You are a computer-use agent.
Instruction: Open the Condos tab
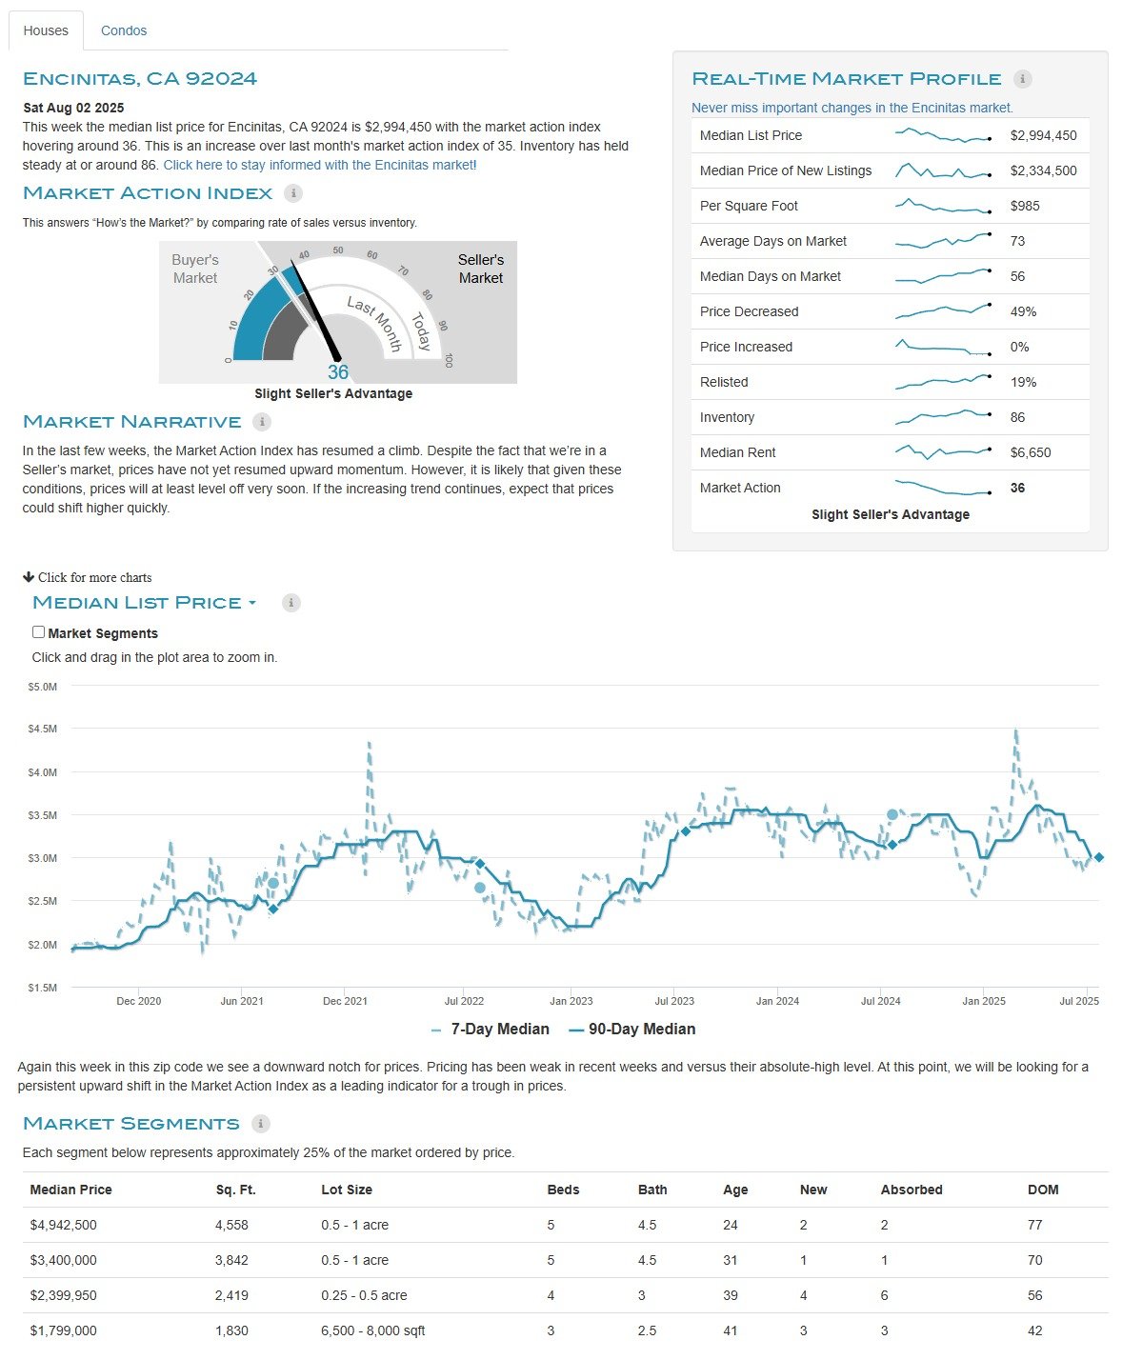point(123,30)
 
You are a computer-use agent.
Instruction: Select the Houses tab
point(46,30)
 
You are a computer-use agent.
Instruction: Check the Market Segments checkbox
point(38,631)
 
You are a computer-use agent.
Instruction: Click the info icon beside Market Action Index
point(293,192)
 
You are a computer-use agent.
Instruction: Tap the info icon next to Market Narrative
point(262,421)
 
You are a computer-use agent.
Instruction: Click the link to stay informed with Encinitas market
point(319,165)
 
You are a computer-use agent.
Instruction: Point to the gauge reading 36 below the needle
point(337,372)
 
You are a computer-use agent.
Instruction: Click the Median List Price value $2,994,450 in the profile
point(1043,135)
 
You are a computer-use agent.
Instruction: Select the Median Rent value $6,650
point(1030,452)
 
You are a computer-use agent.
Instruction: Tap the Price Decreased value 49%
point(1022,312)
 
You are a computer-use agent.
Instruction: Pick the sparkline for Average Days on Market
point(943,240)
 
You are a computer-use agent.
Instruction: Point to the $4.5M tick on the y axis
point(42,729)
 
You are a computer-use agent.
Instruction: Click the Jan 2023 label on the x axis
point(571,1001)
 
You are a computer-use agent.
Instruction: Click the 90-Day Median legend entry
point(632,1030)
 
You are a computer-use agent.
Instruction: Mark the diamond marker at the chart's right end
point(1098,857)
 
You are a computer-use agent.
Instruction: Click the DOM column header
point(1043,1190)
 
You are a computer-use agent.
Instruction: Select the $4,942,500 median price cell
point(63,1225)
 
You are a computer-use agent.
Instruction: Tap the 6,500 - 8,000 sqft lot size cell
point(372,1330)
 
